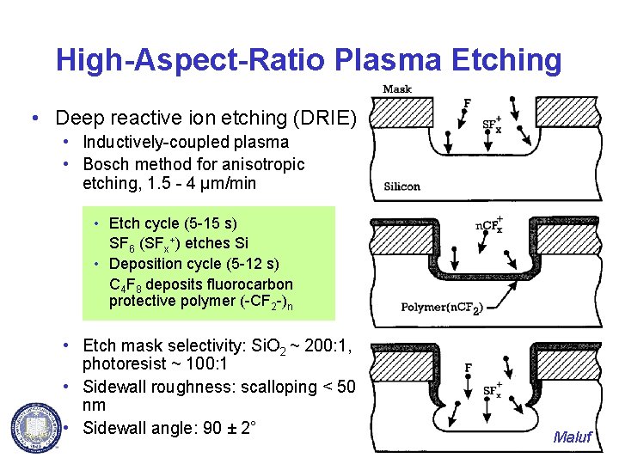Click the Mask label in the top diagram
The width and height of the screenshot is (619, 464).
click(396, 89)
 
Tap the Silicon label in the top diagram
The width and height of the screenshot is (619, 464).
click(401, 186)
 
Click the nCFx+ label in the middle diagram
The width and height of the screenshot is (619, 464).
click(489, 226)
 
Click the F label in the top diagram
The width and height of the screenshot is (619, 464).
click(467, 104)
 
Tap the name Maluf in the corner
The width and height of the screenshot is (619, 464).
click(573, 437)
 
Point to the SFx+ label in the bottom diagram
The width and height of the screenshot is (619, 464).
click(493, 388)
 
